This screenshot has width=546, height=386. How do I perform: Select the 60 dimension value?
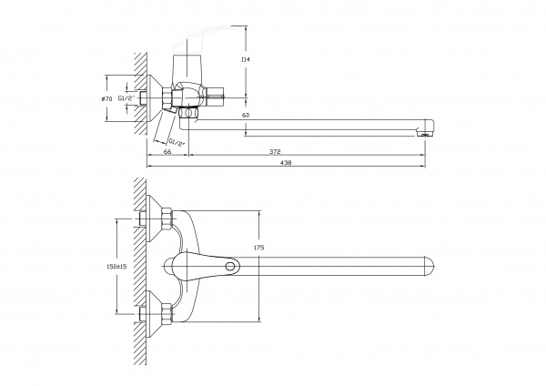(246, 116)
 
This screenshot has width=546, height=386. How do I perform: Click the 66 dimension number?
(167, 152)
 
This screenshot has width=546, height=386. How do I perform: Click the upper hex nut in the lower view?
(167, 218)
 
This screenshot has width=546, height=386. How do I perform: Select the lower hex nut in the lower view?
(167, 316)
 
